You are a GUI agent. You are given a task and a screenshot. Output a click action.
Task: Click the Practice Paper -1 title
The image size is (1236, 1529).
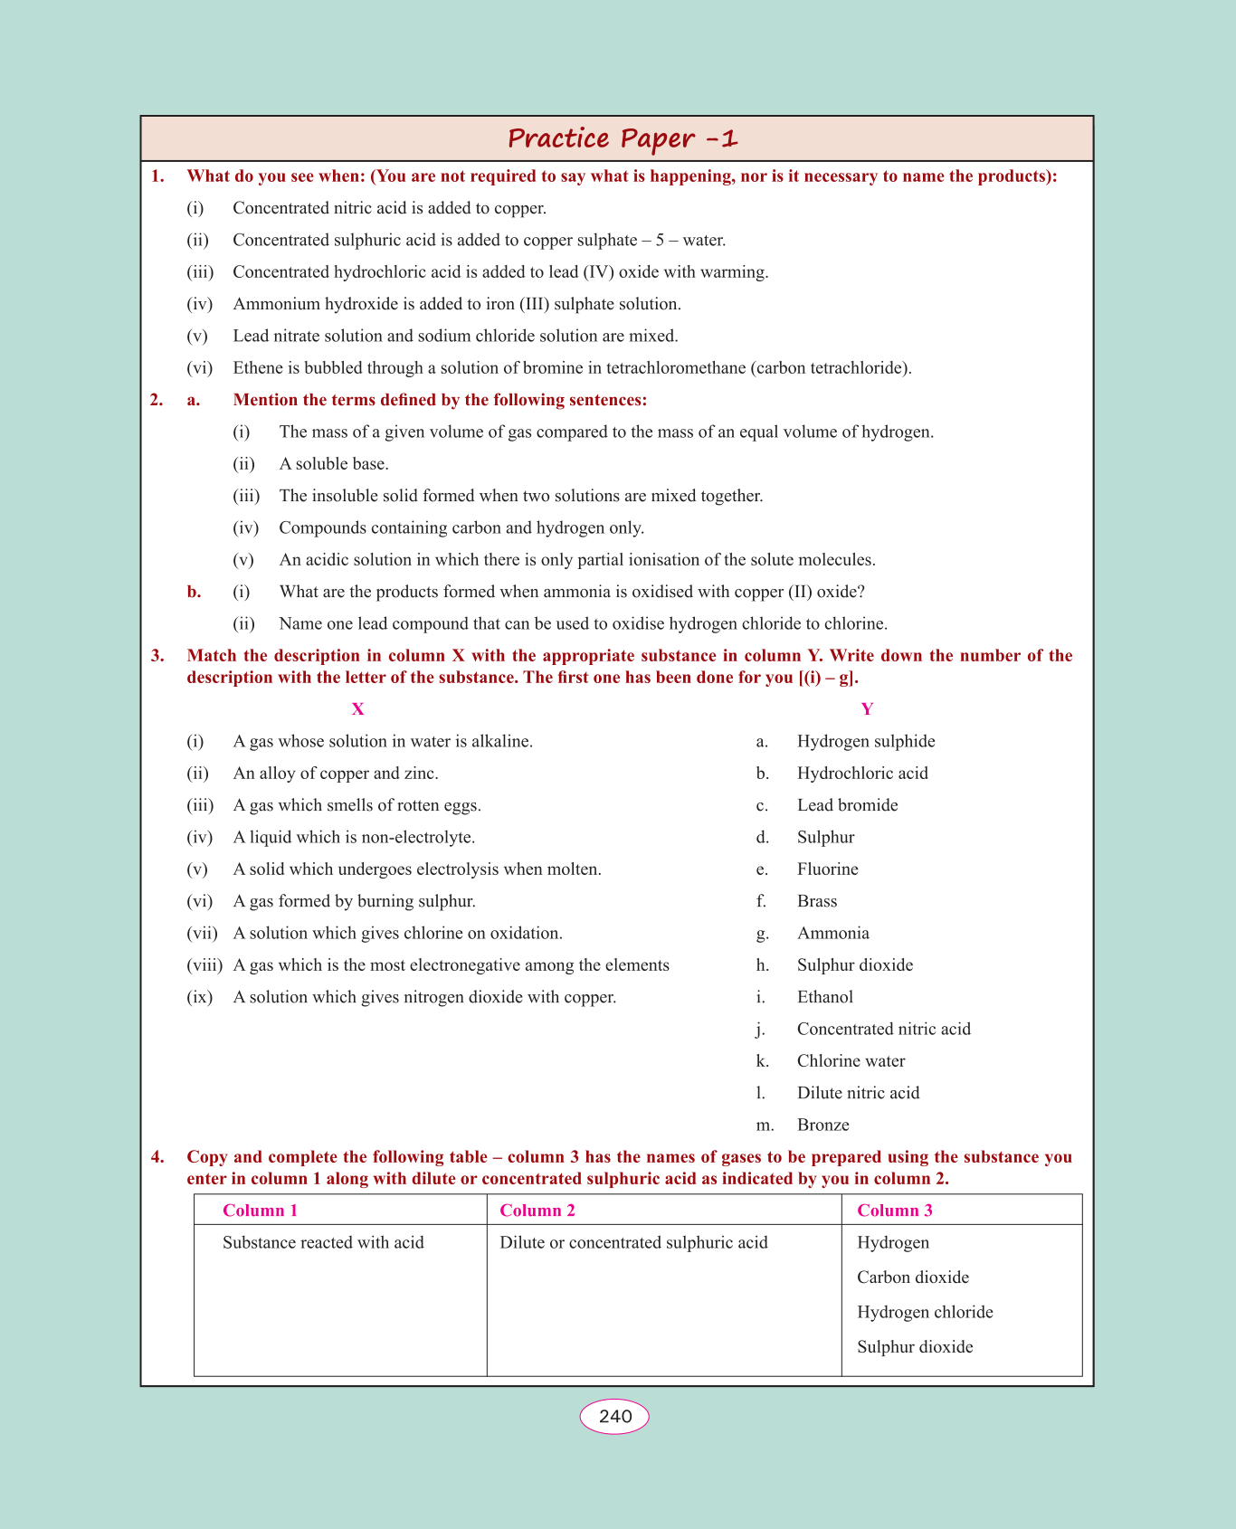coord(623,138)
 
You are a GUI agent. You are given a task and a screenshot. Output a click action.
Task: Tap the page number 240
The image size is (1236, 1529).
coord(614,1416)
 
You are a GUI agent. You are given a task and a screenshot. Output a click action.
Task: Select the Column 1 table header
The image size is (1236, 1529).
coord(260,1211)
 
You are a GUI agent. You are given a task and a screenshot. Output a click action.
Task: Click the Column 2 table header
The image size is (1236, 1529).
coord(537,1211)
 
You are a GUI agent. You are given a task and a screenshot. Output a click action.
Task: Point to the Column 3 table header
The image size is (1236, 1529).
coord(894,1211)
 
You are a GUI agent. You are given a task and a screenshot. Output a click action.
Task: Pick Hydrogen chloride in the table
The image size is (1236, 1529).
coord(925,1312)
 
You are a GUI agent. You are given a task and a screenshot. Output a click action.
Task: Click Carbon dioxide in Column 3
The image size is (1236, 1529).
coord(912,1277)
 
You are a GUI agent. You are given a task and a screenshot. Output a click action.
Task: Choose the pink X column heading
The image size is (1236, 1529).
coord(357,709)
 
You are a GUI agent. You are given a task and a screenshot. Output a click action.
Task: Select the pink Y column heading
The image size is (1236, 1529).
coord(867,709)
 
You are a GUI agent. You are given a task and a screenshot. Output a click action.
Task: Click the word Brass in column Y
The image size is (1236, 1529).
coord(817,901)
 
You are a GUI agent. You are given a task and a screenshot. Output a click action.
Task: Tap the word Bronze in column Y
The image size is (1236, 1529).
coord(822,1125)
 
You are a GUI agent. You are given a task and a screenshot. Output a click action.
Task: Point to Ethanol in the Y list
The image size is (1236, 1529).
coord(824,997)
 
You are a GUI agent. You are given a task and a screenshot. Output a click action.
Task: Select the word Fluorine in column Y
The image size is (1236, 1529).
coord(827,869)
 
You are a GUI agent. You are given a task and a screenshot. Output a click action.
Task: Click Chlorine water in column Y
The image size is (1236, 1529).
coord(851,1061)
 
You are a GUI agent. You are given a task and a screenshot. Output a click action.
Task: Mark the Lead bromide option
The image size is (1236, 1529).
coord(847,805)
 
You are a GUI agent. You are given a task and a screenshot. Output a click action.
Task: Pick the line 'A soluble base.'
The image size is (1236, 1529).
coord(334,464)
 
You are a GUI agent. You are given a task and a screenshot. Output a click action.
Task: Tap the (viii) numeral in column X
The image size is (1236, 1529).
coord(204,965)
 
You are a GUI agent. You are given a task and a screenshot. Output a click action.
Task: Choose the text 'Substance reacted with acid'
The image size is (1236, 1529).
coord(323,1242)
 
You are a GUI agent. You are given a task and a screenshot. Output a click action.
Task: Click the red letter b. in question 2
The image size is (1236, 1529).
coord(194,592)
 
